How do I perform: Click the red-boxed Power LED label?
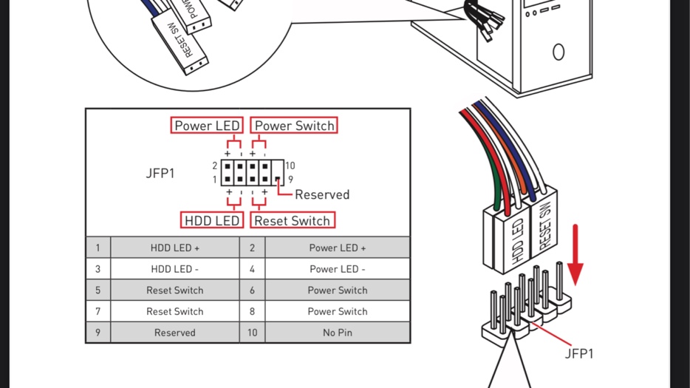tap(207, 126)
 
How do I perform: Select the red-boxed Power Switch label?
tap(294, 126)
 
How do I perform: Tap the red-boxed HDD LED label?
tap(212, 220)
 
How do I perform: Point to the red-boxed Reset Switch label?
tap(292, 220)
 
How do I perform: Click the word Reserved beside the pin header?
tap(322, 194)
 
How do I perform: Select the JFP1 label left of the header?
tap(160, 174)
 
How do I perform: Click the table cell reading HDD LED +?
tap(175, 248)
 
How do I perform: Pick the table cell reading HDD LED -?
tap(175, 269)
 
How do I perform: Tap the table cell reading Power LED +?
tap(338, 248)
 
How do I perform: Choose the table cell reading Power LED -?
tap(338, 269)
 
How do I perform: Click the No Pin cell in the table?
tap(338, 333)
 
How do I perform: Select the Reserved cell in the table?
tap(175, 333)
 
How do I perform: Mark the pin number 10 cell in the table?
tap(253, 333)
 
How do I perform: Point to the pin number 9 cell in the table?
tap(98, 333)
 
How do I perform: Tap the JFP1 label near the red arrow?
tap(579, 353)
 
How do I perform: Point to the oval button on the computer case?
tap(559, 52)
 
